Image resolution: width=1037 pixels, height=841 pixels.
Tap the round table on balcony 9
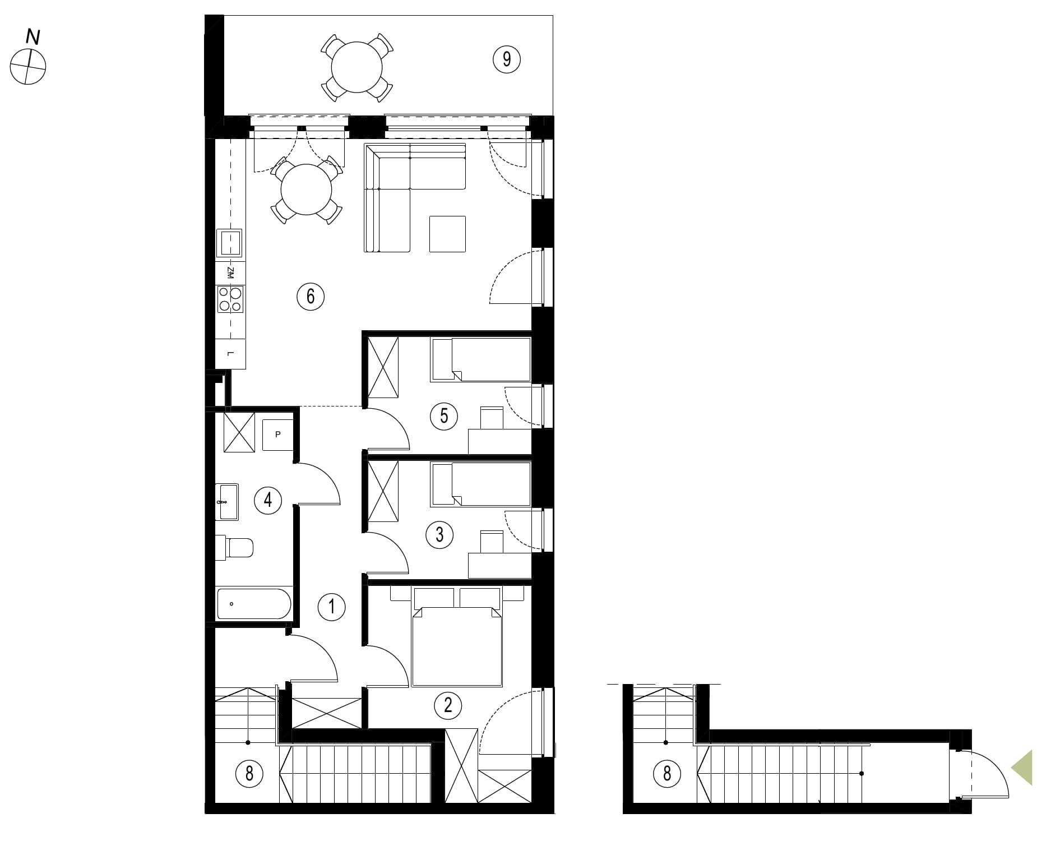point(357,67)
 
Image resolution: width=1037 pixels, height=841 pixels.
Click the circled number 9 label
point(507,59)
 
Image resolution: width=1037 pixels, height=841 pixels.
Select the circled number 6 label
point(311,295)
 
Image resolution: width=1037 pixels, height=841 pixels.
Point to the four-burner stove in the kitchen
point(230,299)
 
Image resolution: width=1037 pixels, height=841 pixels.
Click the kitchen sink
point(229,243)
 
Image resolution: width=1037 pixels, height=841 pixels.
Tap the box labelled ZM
point(230,273)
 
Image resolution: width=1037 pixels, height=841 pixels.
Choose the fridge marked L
point(230,354)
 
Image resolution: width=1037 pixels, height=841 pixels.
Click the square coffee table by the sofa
point(447,234)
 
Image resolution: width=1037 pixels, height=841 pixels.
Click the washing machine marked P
point(277,435)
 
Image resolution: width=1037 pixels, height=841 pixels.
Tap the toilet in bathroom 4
point(235,547)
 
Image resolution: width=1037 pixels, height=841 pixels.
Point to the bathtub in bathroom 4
point(254,603)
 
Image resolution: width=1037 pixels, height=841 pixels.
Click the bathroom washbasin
point(228,502)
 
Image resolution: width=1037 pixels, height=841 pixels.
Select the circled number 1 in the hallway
point(331,607)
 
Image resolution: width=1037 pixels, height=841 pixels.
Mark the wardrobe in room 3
point(382,491)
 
